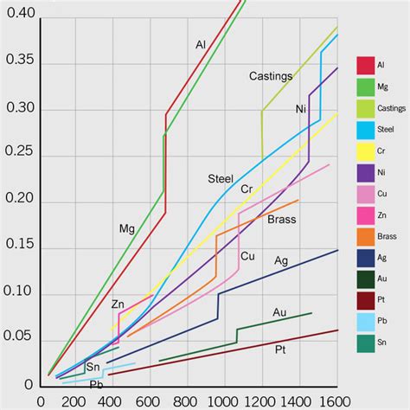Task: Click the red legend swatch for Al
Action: (x=365, y=66)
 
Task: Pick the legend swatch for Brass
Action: (x=365, y=235)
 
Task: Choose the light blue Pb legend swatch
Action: (x=365, y=321)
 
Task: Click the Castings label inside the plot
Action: (x=271, y=76)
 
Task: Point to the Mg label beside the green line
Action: (x=127, y=229)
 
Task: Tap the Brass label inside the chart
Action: (x=281, y=220)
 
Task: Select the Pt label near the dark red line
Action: (x=280, y=349)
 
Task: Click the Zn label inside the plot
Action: (x=118, y=304)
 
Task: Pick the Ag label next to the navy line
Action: (x=281, y=260)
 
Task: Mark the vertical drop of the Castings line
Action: (x=262, y=134)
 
